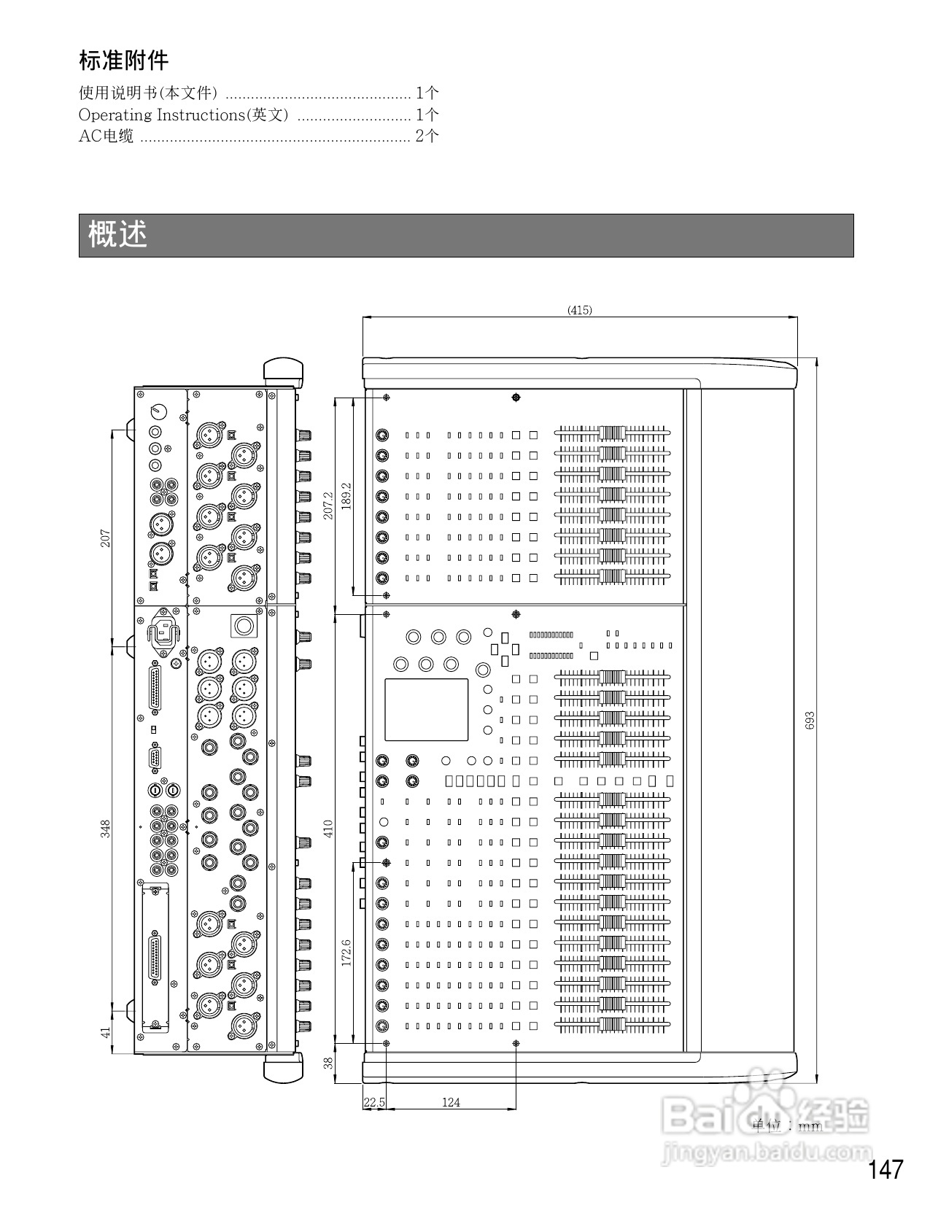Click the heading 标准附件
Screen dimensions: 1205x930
point(123,61)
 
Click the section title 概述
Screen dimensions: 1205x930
point(117,235)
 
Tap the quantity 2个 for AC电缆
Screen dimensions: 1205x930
point(427,136)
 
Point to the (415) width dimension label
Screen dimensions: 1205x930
point(580,310)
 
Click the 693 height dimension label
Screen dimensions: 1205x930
point(810,720)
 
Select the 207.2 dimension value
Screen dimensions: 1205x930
point(328,505)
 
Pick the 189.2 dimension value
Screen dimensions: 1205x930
point(346,496)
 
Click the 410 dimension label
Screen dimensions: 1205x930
point(328,829)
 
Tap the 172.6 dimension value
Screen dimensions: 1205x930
point(346,953)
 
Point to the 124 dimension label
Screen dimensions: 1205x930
point(451,1102)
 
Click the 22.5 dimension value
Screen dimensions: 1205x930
point(373,1102)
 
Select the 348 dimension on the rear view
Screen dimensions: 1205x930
point(106,829)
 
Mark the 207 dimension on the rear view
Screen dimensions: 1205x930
point(106,539)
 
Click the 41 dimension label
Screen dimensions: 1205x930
point(106,1032)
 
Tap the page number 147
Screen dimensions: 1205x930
point(886,1170)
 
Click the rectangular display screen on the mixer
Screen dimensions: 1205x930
point(427,709)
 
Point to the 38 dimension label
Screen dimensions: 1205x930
point(328,1063)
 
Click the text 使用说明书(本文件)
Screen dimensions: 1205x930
point(148,93)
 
